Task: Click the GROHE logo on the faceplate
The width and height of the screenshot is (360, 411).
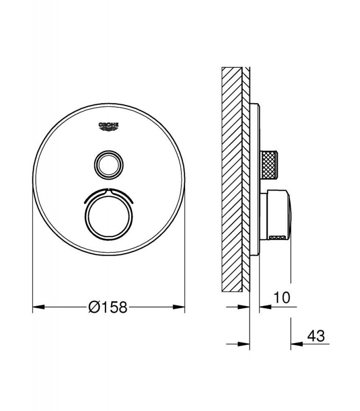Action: coord(109,126)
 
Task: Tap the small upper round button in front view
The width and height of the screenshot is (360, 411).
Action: coord(109,165)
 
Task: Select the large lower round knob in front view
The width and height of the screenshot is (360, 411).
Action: coord(109,216)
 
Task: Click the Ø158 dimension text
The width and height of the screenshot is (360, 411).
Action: coord(108,307)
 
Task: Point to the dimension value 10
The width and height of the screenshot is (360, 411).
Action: coord(282,297)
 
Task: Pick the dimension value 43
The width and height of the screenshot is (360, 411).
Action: coord(316,336)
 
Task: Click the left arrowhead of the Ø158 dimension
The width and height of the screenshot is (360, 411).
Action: coord(39,307)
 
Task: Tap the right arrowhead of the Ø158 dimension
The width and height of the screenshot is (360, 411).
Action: coord(178,307)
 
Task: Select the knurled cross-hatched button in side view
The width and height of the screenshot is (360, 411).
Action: coord(268,165)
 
